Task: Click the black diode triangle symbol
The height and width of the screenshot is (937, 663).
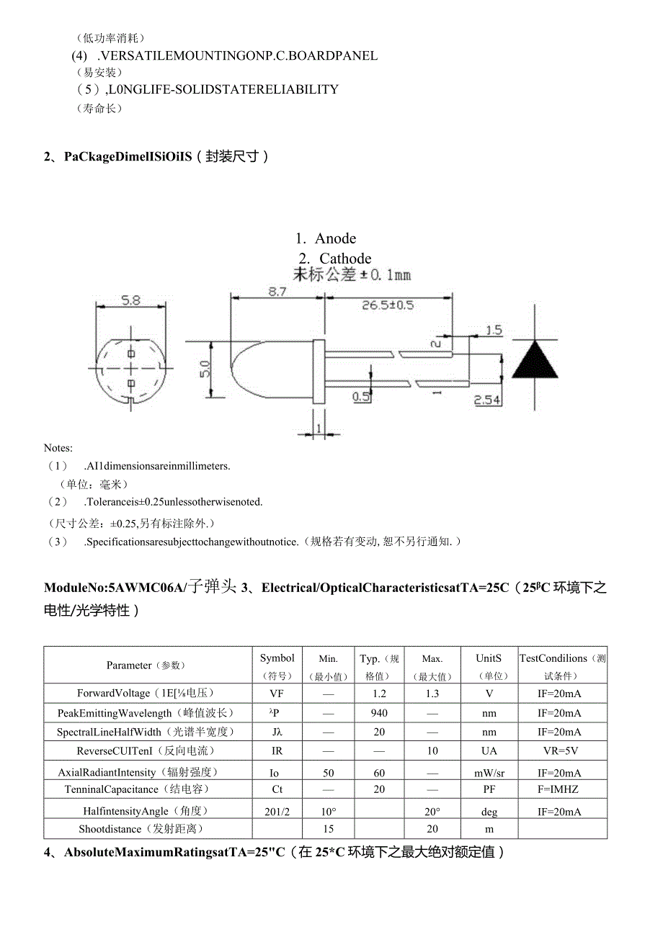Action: coord(535,359)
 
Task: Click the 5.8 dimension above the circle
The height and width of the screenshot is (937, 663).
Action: coord(130,300)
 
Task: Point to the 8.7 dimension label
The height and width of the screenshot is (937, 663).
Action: coord(277,292)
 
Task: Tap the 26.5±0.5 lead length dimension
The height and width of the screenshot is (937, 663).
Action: coord(388,305)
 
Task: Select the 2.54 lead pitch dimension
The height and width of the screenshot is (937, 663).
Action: coord(487,400)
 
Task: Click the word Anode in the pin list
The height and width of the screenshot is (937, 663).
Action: coord(335,238)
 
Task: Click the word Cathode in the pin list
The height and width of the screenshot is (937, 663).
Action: coord(345,259)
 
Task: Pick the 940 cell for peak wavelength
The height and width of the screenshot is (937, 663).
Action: coord(379,713)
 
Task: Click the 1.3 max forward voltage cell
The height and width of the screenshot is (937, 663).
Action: coord(432,694)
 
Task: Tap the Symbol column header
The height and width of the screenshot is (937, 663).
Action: coord(277,658)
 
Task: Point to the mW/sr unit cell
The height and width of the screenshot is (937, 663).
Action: coord(489,773)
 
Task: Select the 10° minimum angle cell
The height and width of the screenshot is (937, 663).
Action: coord(329,812)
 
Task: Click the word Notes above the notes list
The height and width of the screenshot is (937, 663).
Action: coord(58,448)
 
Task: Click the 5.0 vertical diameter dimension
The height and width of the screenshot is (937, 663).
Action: coord(205,369)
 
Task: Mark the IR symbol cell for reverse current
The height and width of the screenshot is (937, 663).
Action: coord(277,750)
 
